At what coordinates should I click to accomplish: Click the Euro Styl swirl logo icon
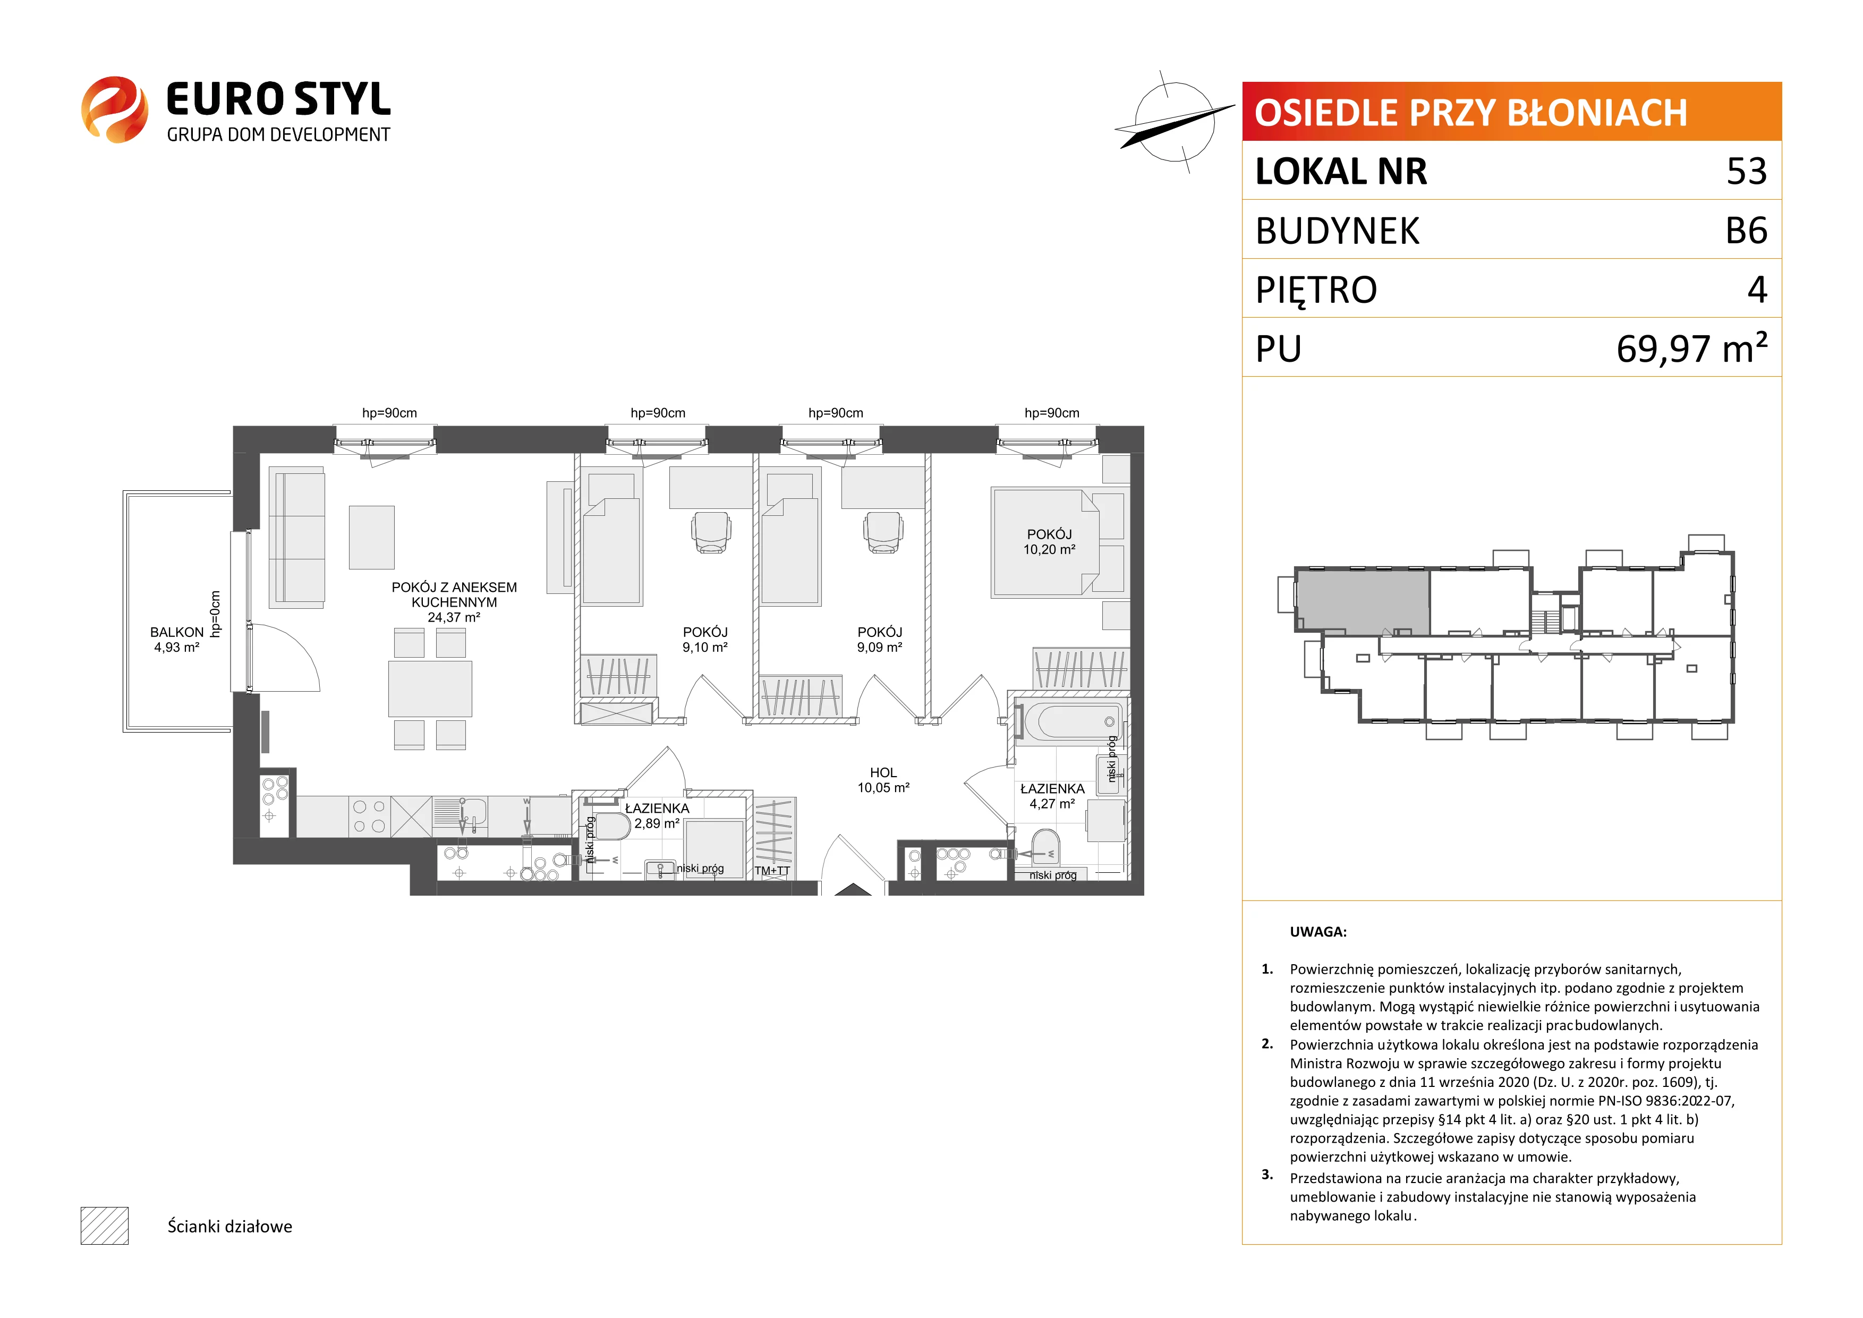tap(114, 109)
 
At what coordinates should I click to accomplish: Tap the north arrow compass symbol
tap(1169, 123)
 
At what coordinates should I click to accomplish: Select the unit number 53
tap(1746, 171)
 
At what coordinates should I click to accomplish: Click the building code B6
tap(1746, 231)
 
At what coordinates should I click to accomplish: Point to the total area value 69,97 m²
tap(1692, 348)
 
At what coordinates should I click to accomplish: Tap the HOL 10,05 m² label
tap(883, 780)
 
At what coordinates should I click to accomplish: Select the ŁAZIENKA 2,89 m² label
tap(657, 815)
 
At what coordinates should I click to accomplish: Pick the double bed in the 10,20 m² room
tap(1045, 542)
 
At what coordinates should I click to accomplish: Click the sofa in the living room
tap(297, 537)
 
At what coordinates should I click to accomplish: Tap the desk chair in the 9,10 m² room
tap(711, 532)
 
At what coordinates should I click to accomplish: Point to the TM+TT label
tap(772, 871)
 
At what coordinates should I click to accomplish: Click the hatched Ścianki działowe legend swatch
tap(105, 1226)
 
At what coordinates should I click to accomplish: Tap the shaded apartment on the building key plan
tap(1363, 601)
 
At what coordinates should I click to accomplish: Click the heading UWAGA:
tap(1318, 932)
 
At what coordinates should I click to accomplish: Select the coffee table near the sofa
tap(372, 537)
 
